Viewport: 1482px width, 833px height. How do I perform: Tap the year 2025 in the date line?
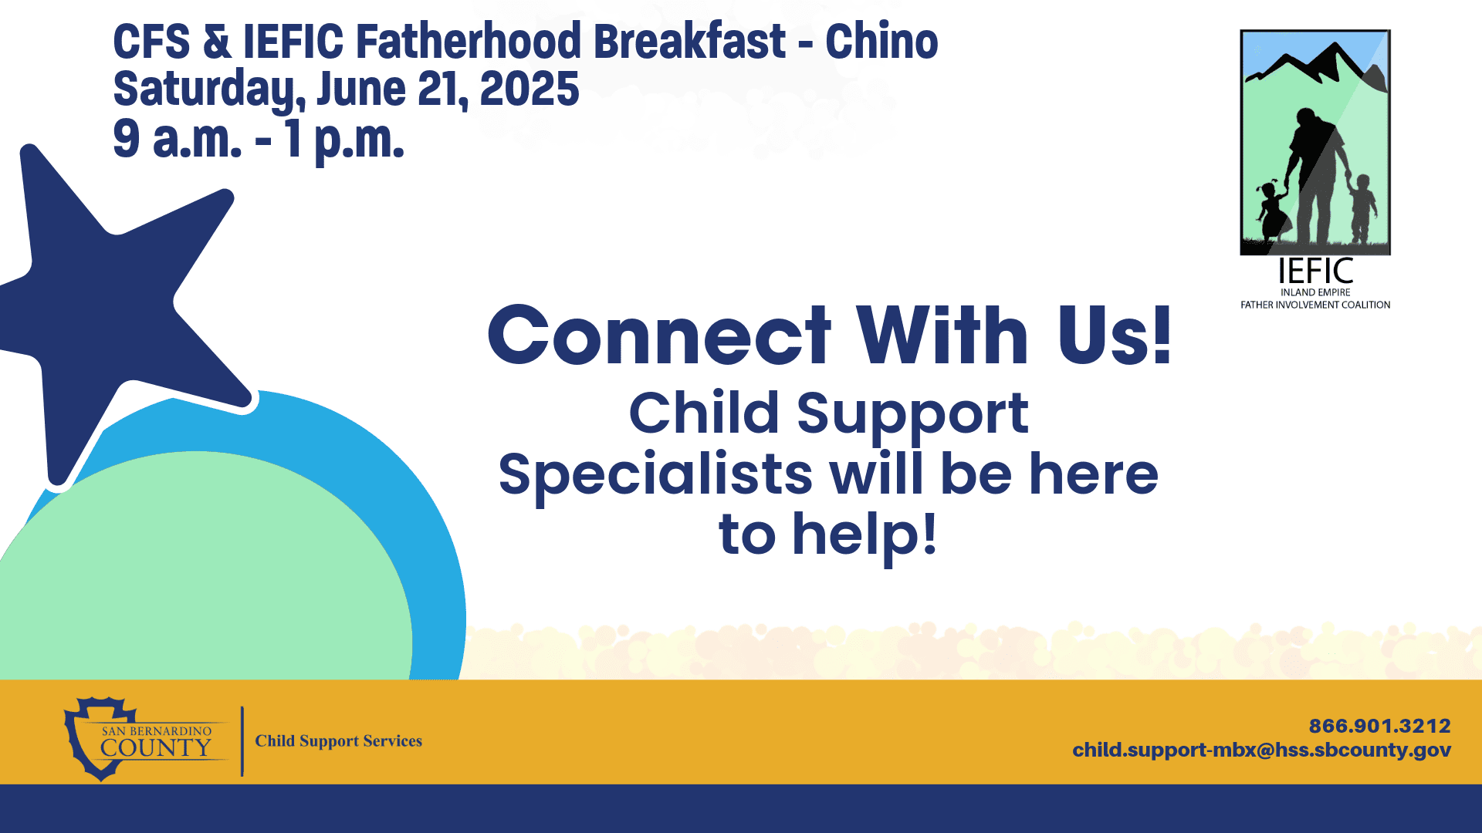click(529, 89)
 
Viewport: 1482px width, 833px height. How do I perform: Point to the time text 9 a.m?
click(178, 140)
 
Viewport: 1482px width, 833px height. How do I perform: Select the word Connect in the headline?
click(659, 335)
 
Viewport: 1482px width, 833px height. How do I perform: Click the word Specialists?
click(655, 475)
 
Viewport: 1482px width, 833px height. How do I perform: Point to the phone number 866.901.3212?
click(1379, 726)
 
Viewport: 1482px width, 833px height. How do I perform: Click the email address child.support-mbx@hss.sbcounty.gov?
click(1261, 750)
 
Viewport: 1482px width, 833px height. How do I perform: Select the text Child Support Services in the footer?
click(339, 741)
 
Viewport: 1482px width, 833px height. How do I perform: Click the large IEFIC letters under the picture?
click(1315, 271)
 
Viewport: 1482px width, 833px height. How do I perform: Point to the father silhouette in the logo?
click(1317, 177)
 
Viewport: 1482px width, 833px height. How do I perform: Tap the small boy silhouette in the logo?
click(1362, 208)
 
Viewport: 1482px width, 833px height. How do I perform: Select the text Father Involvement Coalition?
click(1315, 305)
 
